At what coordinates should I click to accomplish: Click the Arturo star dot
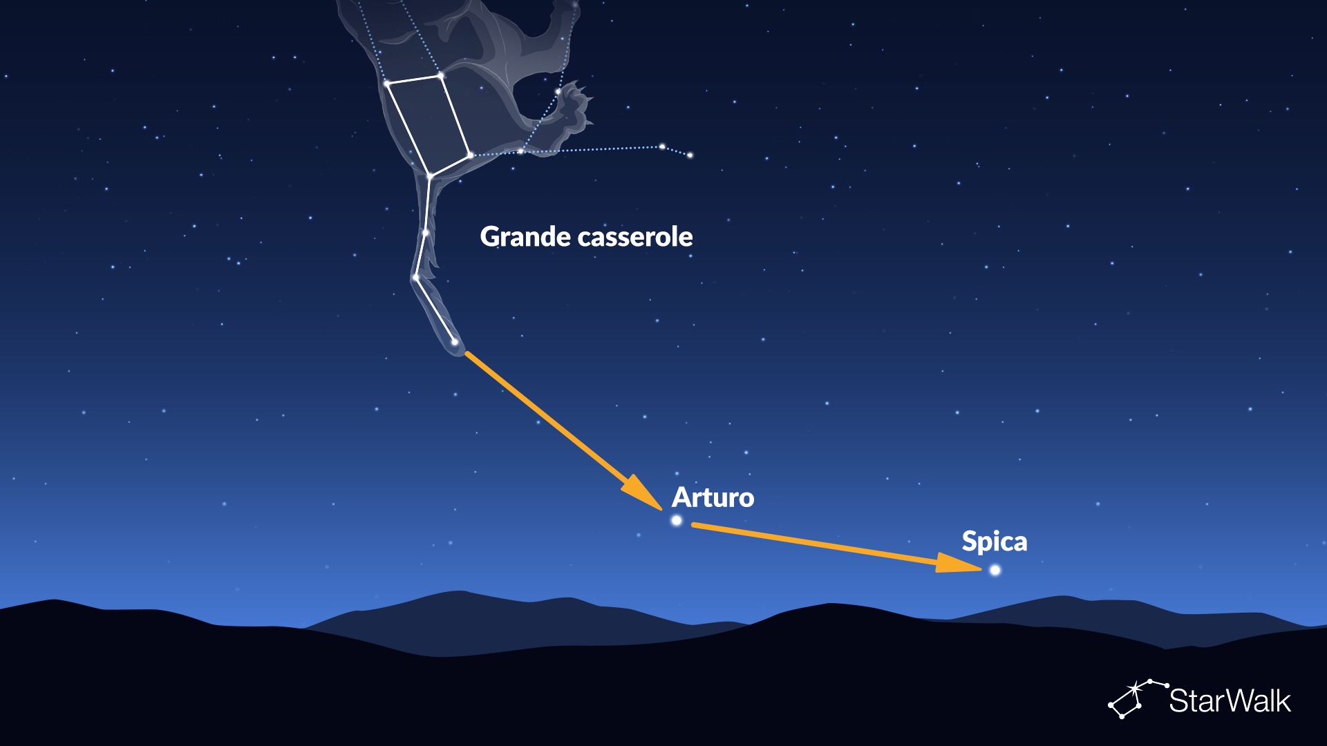[677, 520]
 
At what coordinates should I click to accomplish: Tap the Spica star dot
[995, 570]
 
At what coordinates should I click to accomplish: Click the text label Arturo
[713, 497]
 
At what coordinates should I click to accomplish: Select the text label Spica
[995, 542]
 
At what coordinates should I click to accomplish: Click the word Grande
[526, 236]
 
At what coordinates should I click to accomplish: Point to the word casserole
[635, 237]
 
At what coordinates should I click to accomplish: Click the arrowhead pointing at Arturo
[643, 492]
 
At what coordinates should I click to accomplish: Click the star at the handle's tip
[454, 342]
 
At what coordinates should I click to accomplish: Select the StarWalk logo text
[1230, 700]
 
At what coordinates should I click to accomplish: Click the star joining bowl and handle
[429, 177]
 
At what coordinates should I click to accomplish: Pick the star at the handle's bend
[415, 278]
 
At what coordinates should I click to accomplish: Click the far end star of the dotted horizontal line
[690, 155]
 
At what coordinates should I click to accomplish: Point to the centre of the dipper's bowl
[429, 125]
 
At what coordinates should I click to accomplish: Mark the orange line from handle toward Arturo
[563, 431]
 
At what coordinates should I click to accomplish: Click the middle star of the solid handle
[425, 233]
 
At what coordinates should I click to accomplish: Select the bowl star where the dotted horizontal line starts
[470, 155]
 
